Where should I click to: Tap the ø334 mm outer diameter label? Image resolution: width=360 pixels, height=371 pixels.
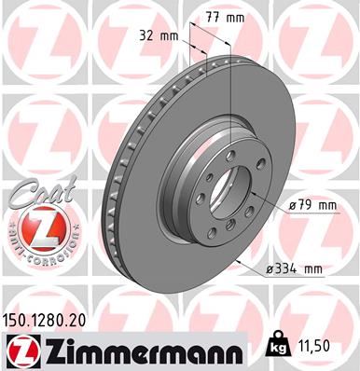pos(296,268)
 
